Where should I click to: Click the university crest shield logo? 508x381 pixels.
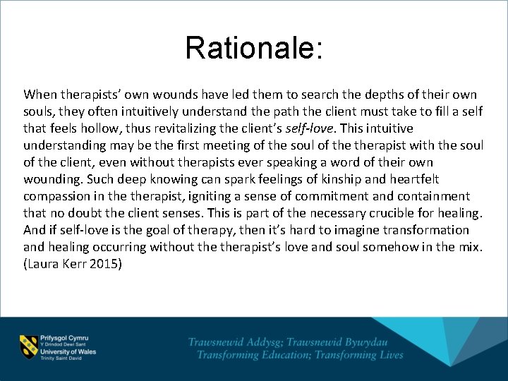click(29, 345)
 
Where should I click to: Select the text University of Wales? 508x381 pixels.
click(68, 351)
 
